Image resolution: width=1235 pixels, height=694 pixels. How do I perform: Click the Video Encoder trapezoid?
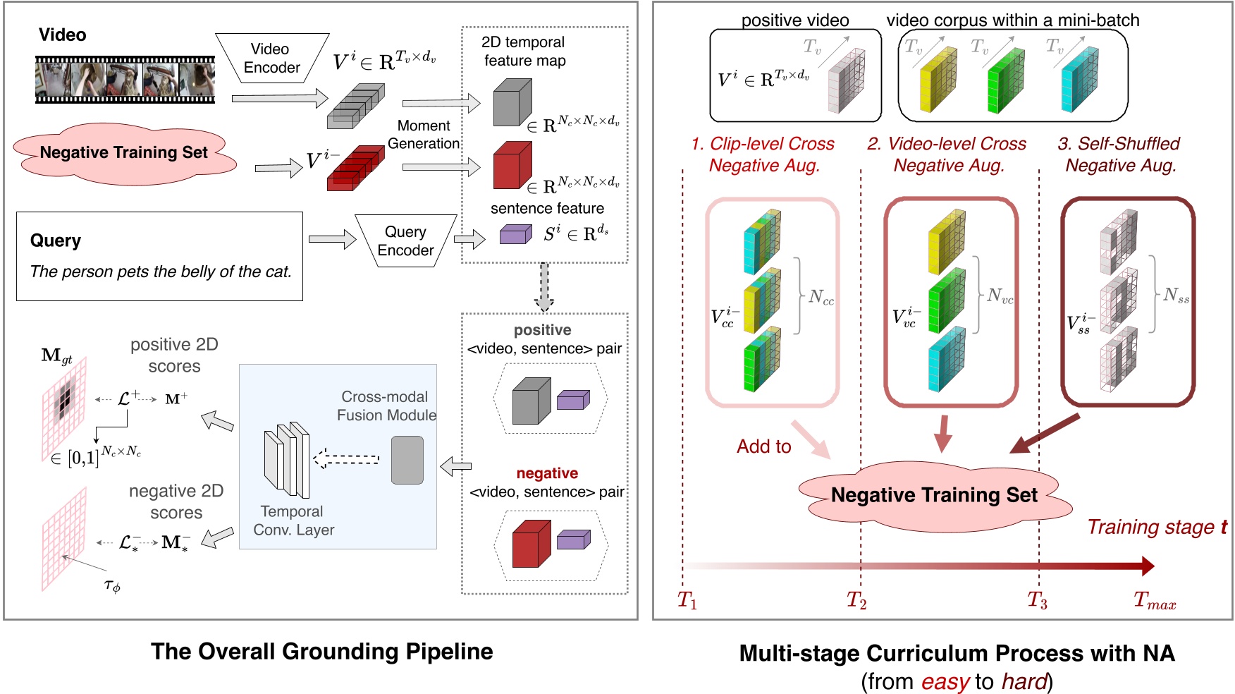[x=271, y=59]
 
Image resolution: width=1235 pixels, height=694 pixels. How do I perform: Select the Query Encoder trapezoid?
[x=405, y=241]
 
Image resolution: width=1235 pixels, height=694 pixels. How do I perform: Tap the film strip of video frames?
[x=125, y=79]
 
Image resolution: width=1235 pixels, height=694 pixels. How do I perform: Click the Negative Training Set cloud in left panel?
[x=124, y=152]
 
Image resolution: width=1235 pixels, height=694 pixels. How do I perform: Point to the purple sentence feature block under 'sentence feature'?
[x=515, y=234]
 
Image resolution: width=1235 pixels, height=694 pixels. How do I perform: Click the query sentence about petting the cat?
[x=160, y=272]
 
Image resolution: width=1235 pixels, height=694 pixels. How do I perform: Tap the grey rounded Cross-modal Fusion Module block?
[x=407, y=460]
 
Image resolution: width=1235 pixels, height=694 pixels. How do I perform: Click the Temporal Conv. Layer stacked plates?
[x=287, y=460]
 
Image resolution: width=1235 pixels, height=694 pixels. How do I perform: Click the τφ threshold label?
[x=112, y=585]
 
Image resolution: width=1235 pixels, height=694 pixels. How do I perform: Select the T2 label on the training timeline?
[x=856, y=601]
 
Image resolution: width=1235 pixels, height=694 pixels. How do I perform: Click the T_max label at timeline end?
[x=1154, y=601]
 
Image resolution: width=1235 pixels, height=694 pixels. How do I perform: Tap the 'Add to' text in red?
[x=763, y=446]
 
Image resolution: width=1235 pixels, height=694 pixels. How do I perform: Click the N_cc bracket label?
[x=821, y=298]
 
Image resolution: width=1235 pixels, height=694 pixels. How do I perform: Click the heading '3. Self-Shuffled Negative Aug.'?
[x=1119, y=154]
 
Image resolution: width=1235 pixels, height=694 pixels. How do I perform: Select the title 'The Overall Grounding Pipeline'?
[x=321, y=651]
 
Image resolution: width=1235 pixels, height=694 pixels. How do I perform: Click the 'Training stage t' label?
[x=1156, y=527]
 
